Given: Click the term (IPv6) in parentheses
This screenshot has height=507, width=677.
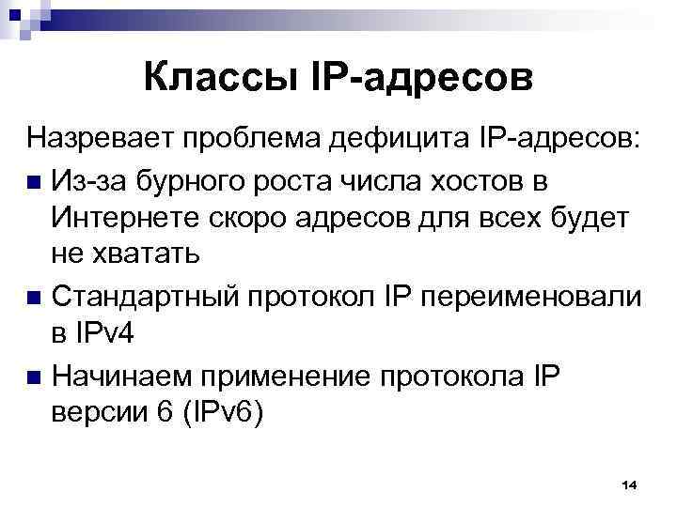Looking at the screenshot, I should (x=215, y=414).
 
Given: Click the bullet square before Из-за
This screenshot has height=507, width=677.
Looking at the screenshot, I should (x=35, y=179).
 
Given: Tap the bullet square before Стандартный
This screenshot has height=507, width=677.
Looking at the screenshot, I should (x=35, y=297).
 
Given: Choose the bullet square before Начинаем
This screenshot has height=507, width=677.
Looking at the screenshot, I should (x=35, y=376).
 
